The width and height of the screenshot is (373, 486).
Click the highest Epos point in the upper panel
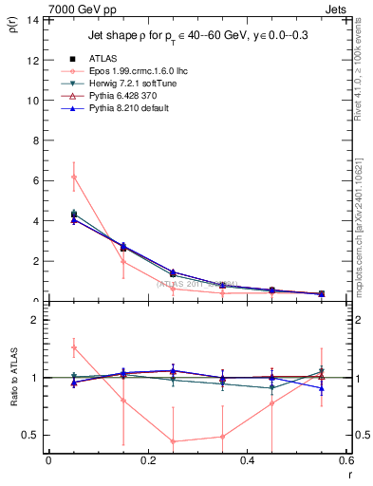(x=73, y=177)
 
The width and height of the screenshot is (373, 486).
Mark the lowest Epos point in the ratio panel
(x=173, y=441)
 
